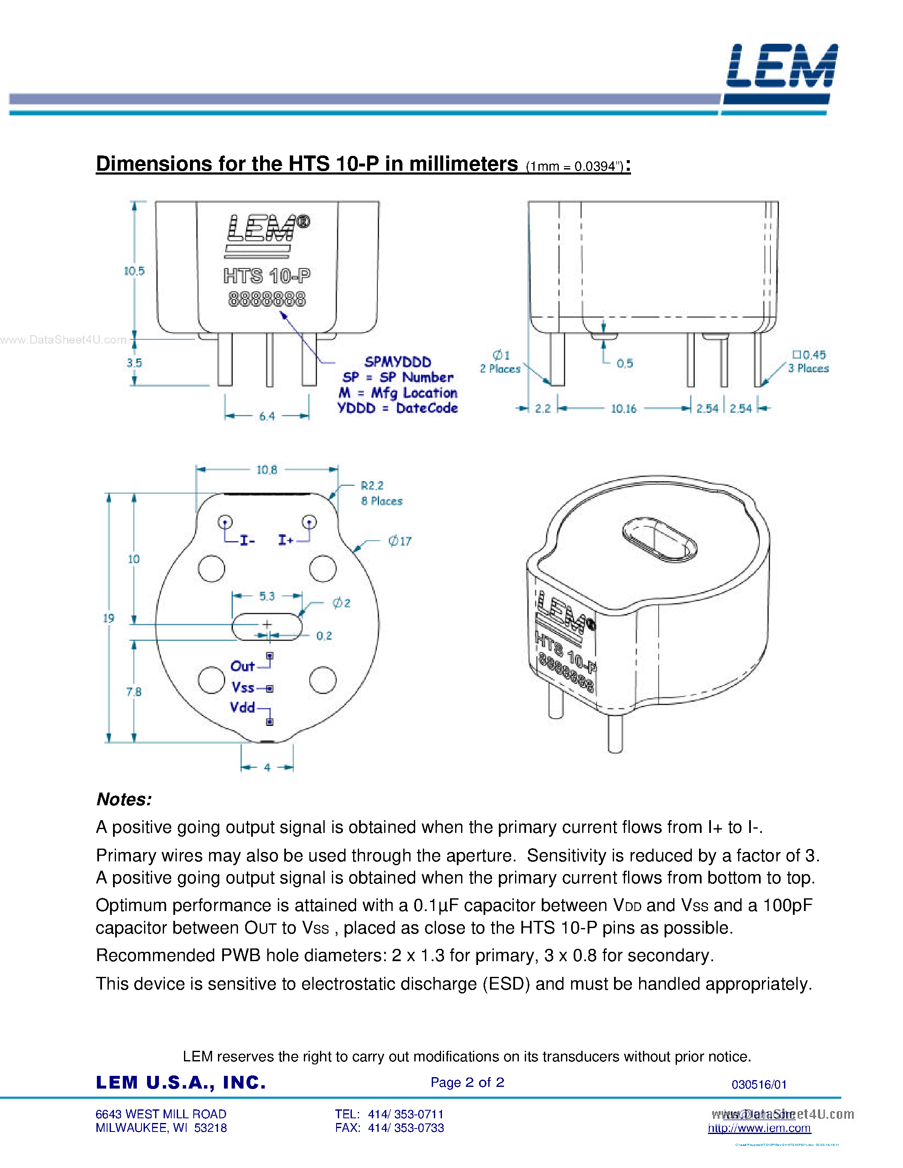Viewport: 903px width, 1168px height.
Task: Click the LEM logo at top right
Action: coord(781,67)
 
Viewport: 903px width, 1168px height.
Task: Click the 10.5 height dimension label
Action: coord(134,271)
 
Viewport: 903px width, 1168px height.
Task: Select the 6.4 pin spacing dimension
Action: coord(266,416)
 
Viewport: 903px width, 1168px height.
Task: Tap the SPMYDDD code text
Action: coord(397,362)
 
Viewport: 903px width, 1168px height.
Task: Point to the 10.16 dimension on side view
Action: coord(624,409)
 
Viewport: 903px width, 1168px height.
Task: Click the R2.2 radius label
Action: coord(372,485)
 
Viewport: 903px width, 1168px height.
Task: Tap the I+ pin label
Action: coord(286,540)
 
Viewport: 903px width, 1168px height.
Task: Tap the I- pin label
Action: coord(246,541)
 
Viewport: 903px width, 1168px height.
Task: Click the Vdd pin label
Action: coord(242,708)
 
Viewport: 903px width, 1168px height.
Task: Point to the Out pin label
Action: coord(242,666)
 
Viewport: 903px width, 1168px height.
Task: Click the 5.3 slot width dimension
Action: coord(266,596)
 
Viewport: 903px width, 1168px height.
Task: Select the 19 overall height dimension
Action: coord(109,618)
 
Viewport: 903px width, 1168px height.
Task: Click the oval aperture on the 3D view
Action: coord(660,540)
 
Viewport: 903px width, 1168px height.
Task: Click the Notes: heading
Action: coord(124,799)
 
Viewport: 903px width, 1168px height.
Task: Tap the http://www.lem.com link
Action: coord(759,1128)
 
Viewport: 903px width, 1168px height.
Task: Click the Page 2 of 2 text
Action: coord(467,1083)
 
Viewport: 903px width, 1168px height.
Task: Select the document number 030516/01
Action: coord(759,1085)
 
